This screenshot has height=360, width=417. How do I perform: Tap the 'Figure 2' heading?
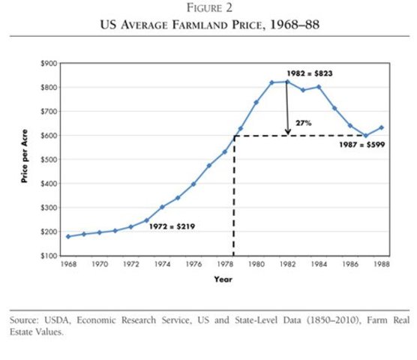pos(208,10)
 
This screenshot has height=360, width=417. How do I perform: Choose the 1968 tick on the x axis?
pos(68,265)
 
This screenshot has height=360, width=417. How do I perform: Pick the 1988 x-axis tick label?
pos(382,265)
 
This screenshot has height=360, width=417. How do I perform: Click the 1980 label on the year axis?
pos(256,265)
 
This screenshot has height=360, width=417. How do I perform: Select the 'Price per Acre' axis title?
pos(25,159)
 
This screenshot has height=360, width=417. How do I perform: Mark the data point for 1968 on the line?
pos(68,236)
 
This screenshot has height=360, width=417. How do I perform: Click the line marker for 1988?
pos(382,127)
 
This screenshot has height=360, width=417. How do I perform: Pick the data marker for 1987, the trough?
pos(366,136)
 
